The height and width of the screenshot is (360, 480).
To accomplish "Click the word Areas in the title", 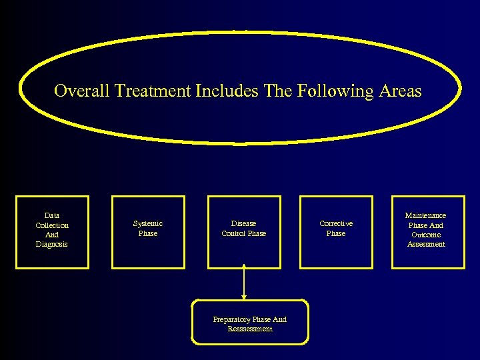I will click(x=400, y=91).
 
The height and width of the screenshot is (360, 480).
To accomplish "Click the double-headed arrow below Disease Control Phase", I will click(x=245, y=282).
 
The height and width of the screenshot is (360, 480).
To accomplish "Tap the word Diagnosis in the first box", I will click(x=52, y=244).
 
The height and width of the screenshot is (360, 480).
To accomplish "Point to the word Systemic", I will click(x=148, y=223).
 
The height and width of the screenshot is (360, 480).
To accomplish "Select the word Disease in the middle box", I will click(x=243, y=223).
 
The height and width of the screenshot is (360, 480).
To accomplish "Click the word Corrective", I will click(x=336, y=223).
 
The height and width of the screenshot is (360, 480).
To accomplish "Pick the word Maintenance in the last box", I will click(x=426, y=215).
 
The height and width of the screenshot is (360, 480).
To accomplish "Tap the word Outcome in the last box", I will click(x=426, y=235).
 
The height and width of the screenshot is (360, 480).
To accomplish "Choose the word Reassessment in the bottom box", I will click(x=250, y=329).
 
